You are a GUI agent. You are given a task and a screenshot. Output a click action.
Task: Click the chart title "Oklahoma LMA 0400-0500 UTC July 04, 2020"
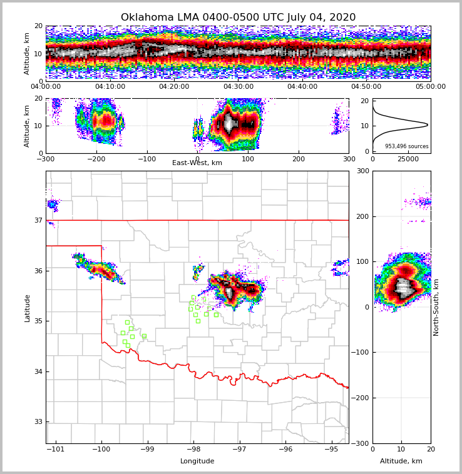pyautogui.click(x=238, y=18)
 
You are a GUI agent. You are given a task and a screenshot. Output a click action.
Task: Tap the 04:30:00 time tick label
pyautogui.click(x=239, y=87)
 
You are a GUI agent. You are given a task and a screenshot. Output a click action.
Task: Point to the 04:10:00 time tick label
pyautogui.click(x=110, y=87)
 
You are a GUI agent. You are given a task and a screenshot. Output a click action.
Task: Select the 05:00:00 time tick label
pyautogui.click(x=431, y=87)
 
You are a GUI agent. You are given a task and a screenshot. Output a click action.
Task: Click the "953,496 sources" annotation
pyautogui.click(x=407, y=146)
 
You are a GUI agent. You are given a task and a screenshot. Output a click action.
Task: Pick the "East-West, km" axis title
pyautogui.click(x=197, y=163)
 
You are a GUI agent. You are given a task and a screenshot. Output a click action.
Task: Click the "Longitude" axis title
pyautogui.click(x=197, y=461)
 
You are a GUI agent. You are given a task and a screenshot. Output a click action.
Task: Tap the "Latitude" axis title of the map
pyautogui.click(x=28, y=308)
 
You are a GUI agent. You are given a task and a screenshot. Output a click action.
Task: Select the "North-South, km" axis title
pyautogui.click(x=436, y=307)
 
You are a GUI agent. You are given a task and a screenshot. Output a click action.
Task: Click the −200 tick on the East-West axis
pyautogui.click(x=96, y=159)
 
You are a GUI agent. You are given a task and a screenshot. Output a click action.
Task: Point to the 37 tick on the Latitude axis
pyautogui.click(x=38, y=220)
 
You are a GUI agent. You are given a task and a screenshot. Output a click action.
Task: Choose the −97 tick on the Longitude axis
pyautogui.click(x=239, y=449)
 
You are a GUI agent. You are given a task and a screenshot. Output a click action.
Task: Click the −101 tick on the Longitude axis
pyautogui.click(x=56, y=449)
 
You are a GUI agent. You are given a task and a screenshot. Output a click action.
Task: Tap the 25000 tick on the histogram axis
pyautogui.click(x=408, y=159)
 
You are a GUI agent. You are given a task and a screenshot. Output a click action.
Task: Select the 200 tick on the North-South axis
pyautogui.click(x=362, y=216)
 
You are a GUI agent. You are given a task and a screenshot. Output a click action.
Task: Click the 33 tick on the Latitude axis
pyautogui.click(x=38, y=421)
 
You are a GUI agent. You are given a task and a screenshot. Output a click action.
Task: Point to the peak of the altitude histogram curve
pyautogui.click(x=428, y=125)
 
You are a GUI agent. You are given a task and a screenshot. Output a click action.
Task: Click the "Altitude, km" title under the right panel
pyautogui.click(x=401, y=461)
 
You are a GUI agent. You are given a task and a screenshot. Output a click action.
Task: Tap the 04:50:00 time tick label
pyautogui.click(x=366, y=87)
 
